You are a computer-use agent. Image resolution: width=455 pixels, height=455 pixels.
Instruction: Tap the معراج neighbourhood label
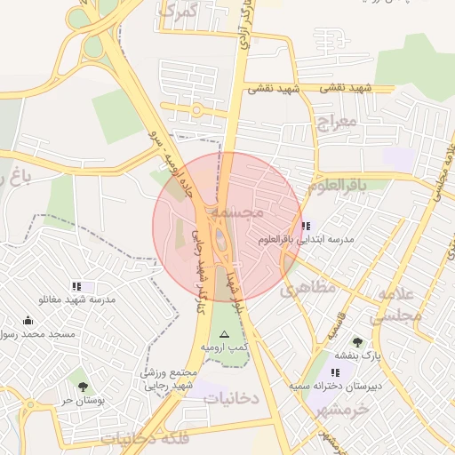coord(335,121)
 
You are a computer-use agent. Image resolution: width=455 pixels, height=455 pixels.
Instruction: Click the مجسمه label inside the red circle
coord(259,213)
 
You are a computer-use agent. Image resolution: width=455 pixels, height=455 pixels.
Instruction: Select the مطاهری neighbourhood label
coord(308,288)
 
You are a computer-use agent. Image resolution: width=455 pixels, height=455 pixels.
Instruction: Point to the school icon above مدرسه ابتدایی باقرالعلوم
coord(306,227)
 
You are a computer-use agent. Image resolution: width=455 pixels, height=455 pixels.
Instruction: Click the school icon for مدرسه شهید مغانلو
coord(76,286)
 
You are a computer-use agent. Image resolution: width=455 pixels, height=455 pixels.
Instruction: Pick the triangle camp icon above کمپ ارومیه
coord(224,334)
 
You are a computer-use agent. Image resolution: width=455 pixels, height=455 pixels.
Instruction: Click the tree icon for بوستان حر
coord(83,387)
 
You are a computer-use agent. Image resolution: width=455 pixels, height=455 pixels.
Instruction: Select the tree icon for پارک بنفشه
coord(357,342)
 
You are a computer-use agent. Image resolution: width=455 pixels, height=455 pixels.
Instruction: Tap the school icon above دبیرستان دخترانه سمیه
coord(334,373)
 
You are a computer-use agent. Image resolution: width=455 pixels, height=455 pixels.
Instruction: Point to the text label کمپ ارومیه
coord(224,347)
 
